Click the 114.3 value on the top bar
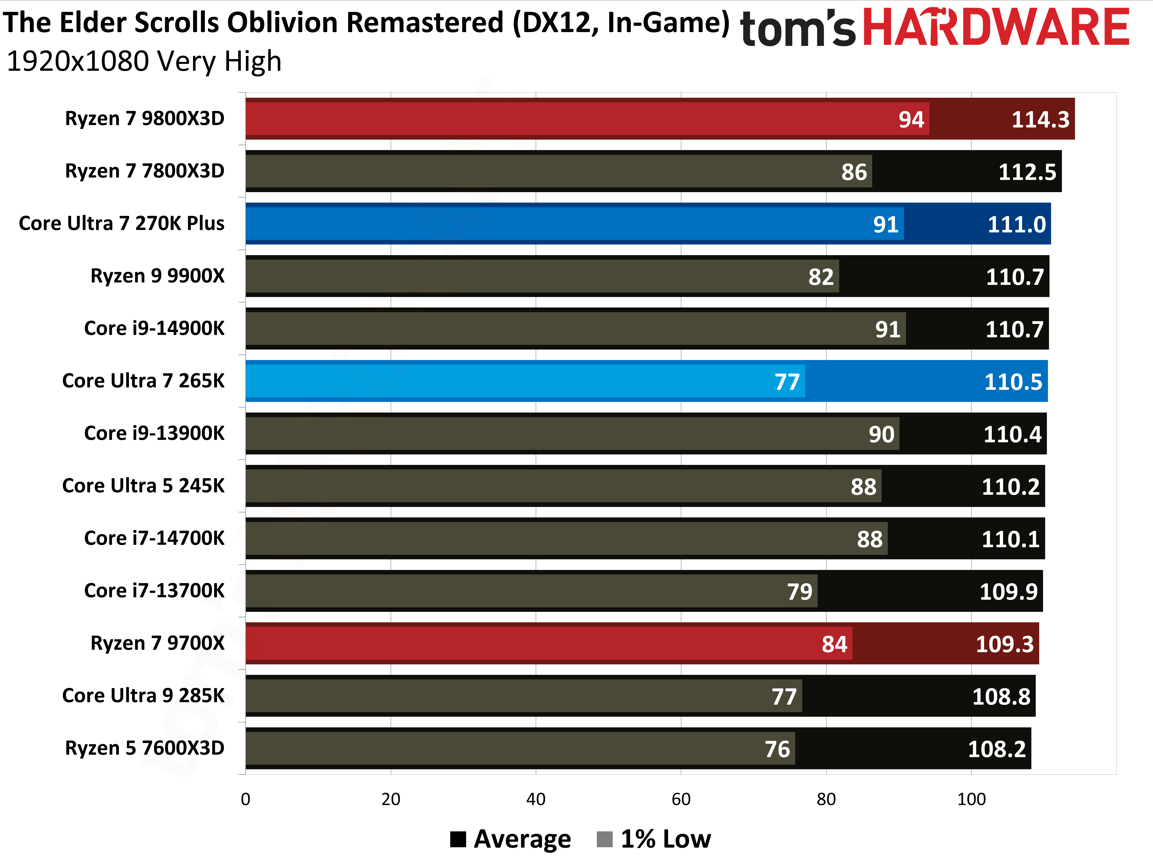point(1040,120)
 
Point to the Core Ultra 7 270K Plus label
point(121,224)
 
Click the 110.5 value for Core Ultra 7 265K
point(1013,382)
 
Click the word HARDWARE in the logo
point(996,27)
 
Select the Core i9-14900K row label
point(154,328)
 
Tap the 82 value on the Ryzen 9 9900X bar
point(821,277)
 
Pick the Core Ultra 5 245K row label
point(143,486)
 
